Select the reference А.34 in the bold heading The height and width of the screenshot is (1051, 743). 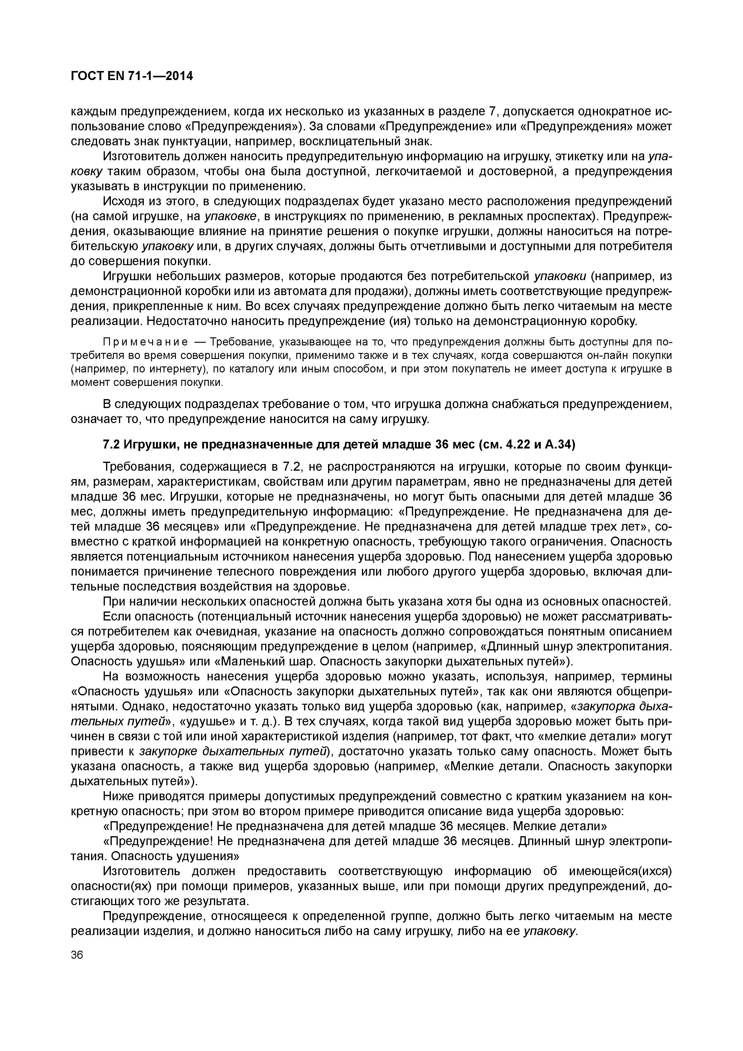point(557,445)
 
